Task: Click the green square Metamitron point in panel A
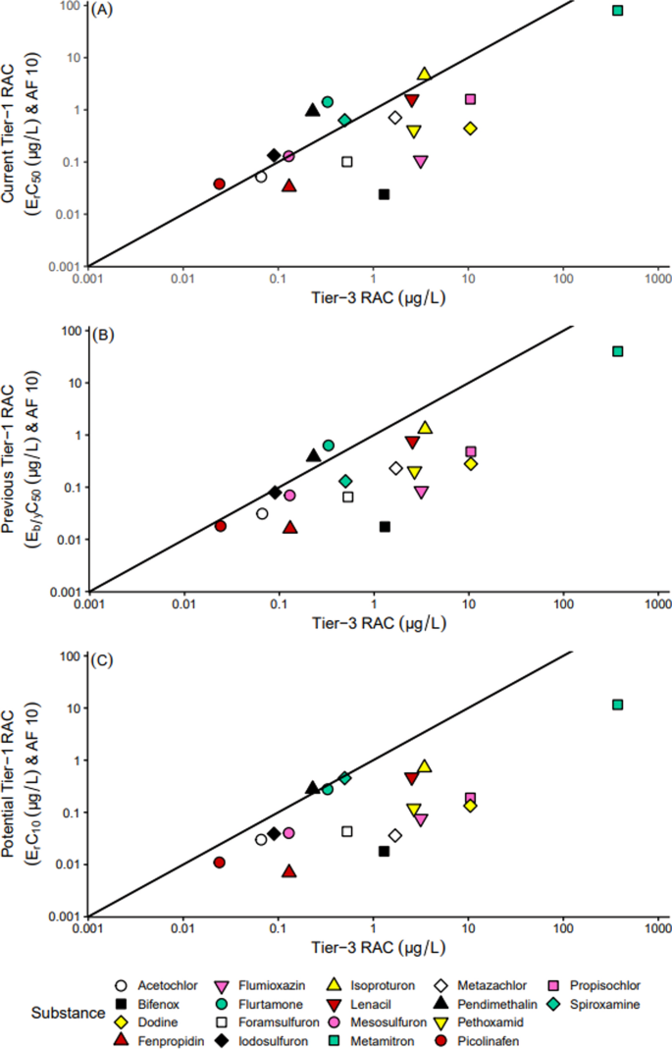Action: pos(618,11)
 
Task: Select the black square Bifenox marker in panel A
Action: pos(385,194)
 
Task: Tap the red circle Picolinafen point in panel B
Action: pos(221,526)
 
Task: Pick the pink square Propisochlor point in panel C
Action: pos(471,771)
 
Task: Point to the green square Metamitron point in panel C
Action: pos(618,705)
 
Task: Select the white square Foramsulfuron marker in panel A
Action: pos(347,162)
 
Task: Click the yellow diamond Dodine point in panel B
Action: pos(471,464)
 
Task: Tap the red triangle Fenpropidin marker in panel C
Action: pos(289,871)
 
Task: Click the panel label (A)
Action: pos(101,12)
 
